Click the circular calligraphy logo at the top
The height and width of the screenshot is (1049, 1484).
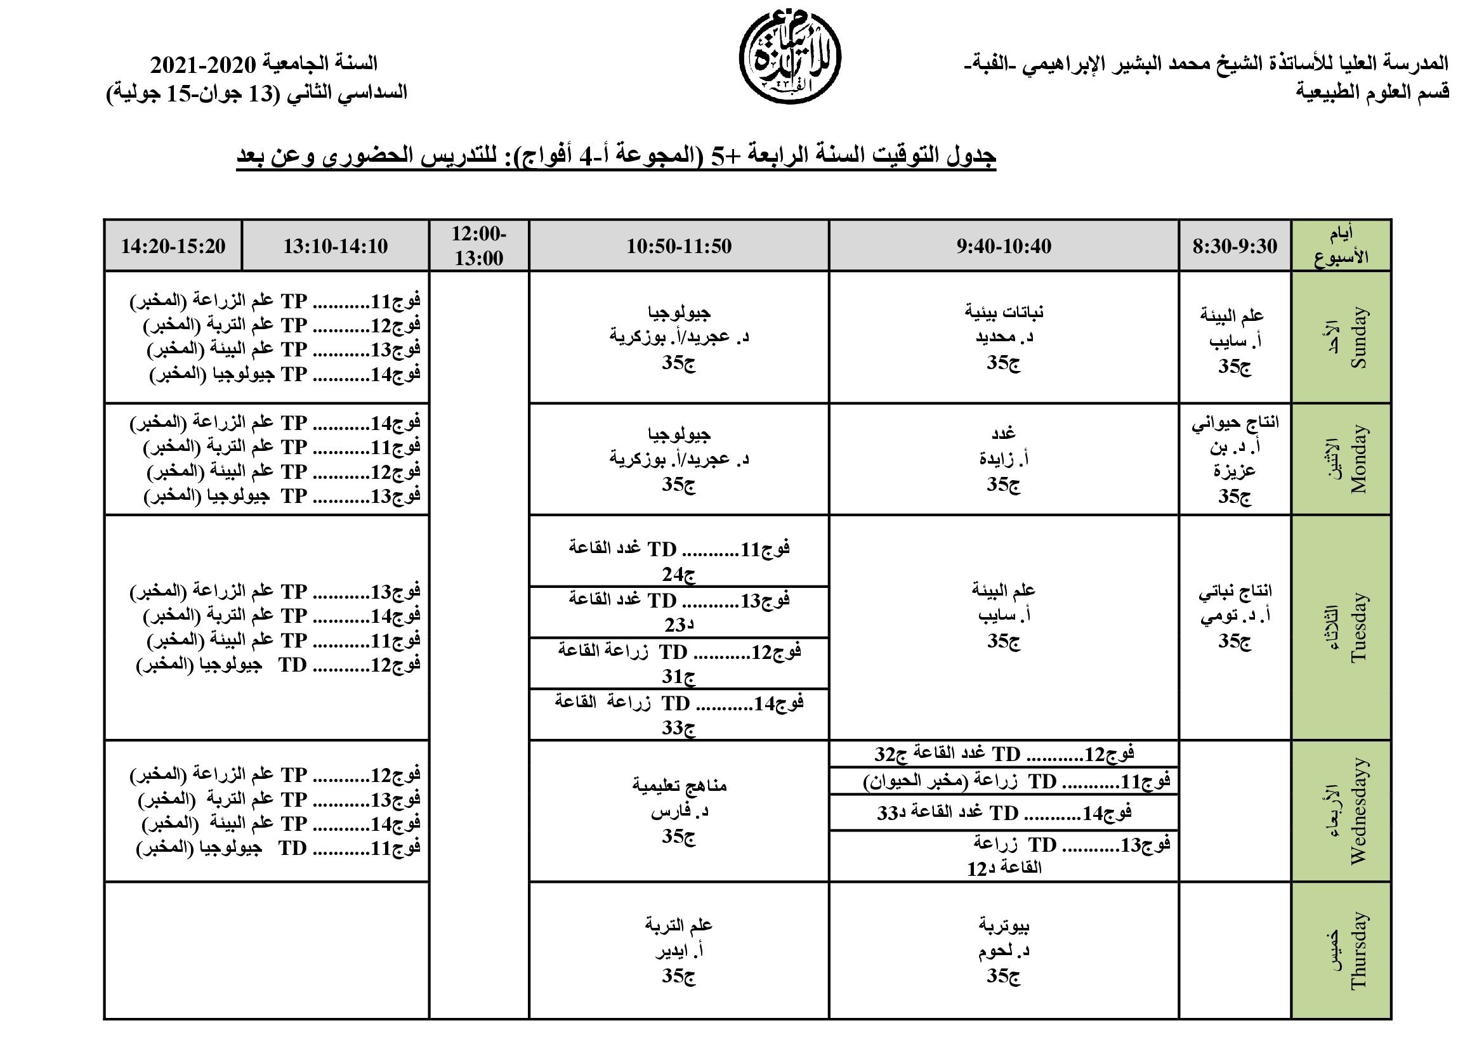789,59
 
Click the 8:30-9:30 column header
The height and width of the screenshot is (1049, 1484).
1235,245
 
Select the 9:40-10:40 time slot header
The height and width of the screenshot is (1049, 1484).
1003,245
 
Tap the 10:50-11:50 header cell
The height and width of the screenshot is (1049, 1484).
679,245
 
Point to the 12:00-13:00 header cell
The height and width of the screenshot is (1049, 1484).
479,245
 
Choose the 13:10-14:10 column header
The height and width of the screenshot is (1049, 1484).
336,245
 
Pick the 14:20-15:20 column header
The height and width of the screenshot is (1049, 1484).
173,245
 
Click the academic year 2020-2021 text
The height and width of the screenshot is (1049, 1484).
264,64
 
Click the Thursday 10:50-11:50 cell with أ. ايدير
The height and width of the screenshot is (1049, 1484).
679,950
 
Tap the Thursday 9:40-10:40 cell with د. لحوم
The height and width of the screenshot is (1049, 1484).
1003,950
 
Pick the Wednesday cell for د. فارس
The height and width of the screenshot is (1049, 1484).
679,811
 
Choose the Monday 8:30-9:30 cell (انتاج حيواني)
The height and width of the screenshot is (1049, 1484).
1235,459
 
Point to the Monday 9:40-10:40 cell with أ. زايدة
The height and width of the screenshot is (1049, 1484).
1003,459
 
